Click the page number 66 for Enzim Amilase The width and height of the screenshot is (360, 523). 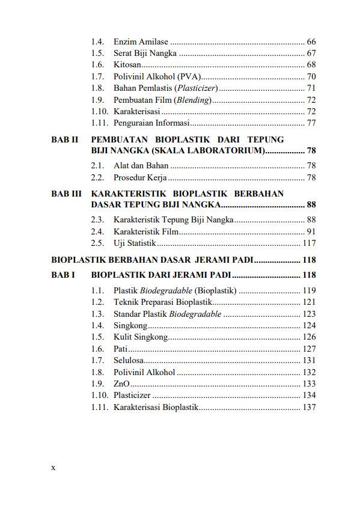[311, 41]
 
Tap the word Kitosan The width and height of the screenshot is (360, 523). [127, 64]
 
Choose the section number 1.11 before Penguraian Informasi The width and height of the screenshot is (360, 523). [100, 123]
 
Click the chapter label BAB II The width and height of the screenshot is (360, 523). [65, 139]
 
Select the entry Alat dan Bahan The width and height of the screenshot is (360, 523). [141, 165]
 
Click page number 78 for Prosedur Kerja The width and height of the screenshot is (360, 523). [311, 177]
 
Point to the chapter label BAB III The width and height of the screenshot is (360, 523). [66, 194]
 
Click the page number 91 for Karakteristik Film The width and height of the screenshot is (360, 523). [311, 231]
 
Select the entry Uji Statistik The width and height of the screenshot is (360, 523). [135, 243]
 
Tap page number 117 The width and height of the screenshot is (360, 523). [308, 243]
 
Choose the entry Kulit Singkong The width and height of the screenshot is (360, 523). [140, 337]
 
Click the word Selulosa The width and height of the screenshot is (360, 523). [128, 360]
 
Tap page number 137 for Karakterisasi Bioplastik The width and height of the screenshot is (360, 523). [308, 407]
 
